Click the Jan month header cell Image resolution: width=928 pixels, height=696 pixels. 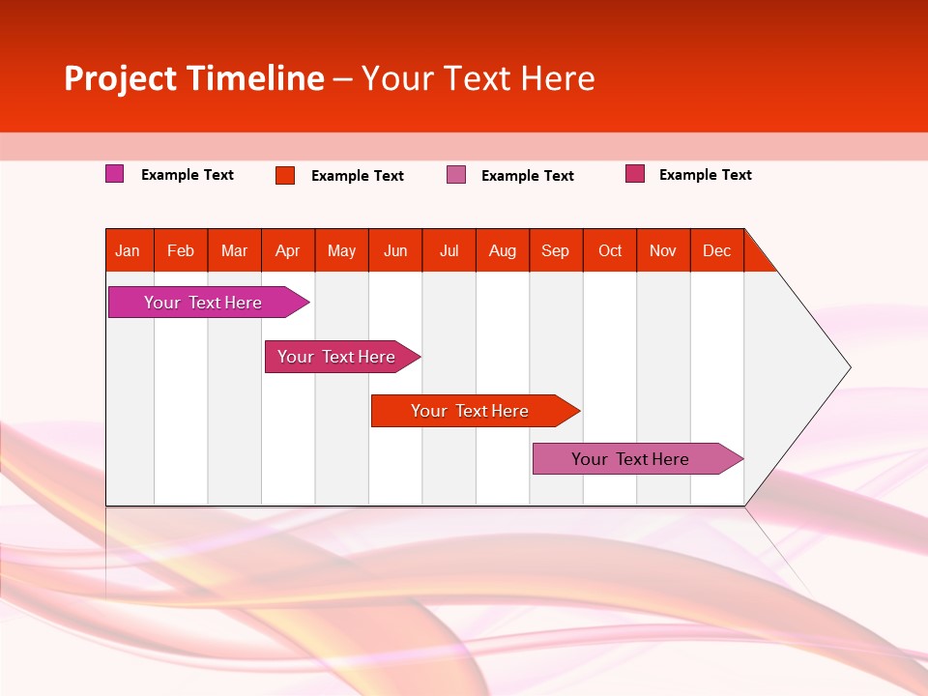(x=128, y=250)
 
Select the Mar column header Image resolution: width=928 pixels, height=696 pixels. (x=234, y=250)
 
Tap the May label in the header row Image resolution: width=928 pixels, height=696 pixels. (x=341, y=250)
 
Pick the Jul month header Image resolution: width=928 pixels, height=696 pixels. (x=449, y=250)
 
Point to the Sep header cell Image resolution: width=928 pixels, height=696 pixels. (x=555, y=250)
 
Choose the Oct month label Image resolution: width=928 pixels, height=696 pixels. (x=610, y=250)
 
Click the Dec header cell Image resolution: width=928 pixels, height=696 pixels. (x=716, y=250)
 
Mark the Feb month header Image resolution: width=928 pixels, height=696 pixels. (x=181, y=250)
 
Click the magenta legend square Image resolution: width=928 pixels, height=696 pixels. (x=115, y=174)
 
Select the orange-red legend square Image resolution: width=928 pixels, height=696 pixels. (x=285, y=175)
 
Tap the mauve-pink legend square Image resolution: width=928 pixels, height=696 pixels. (x=456, y=175)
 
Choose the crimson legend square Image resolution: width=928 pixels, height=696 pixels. (x=635, y=174)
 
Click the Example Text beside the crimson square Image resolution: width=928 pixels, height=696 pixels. (x=705, y=175)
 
